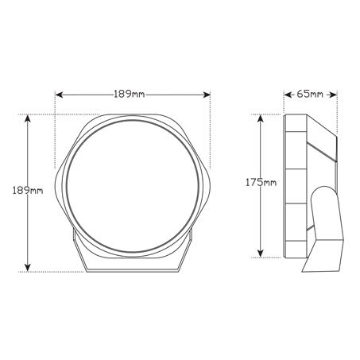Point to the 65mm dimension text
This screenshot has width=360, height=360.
click(311, 95)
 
